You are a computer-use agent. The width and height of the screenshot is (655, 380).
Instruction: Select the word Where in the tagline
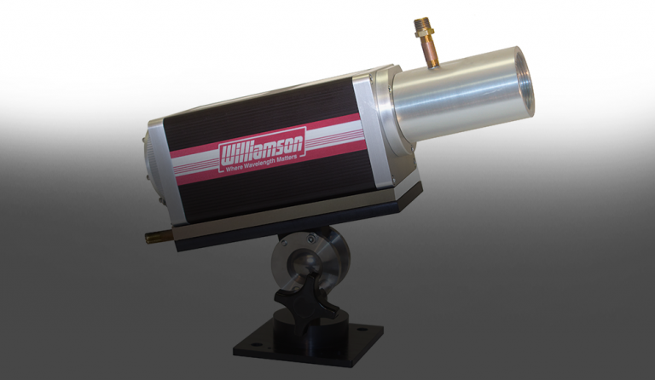click(x=238, y=173)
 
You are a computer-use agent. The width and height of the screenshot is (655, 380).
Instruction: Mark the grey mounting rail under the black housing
click(x=290, y=219)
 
